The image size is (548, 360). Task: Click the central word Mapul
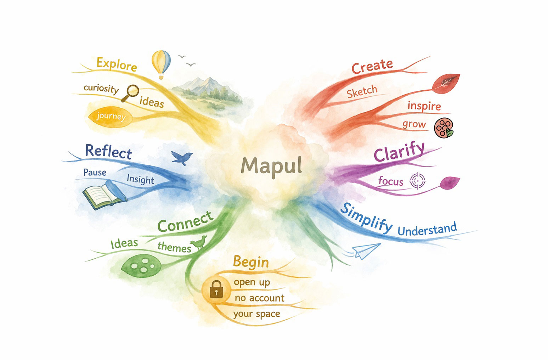click(271, 166)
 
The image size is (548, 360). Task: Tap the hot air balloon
click(161, 62)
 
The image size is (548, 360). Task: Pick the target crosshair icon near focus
click(418, 181)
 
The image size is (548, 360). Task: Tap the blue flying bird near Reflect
click(182, 157)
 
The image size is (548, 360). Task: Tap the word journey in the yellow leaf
click(111, 117)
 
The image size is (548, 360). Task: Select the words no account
click(259, 298)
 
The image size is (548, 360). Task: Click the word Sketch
click(362, 92)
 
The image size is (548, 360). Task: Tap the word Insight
click(140, 179)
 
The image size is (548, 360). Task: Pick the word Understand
click(427, 230)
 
